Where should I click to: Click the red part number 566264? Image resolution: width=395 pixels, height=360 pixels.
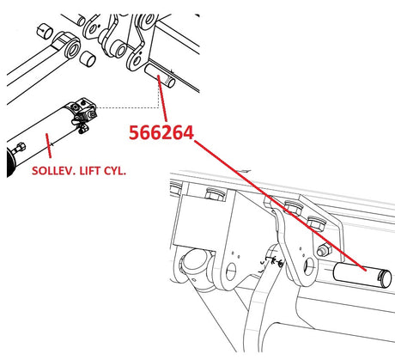click(161, 133)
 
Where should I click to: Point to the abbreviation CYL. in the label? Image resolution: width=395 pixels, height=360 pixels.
click(115, 171)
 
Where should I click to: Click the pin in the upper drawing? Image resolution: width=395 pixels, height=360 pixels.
click(160, 76)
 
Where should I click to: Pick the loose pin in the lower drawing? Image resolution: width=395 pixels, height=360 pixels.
click(362, 275)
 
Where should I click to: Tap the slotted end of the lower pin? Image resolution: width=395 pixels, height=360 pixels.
click(385, 278)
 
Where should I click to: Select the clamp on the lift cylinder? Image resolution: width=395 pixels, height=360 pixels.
click(82, 113)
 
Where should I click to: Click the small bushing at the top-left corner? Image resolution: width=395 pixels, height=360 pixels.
click(45, 31)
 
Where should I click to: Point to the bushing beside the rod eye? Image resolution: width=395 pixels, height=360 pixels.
click(88, 58)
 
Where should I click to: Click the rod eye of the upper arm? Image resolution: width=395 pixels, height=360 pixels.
click(68, 45)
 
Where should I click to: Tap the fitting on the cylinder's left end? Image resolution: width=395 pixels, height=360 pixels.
click(19, 149)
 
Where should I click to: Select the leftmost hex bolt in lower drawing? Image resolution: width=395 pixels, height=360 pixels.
click(175, 188)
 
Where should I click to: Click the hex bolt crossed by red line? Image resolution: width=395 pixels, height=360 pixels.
click(293, 207)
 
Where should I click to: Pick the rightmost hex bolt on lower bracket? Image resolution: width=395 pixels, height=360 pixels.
click(316, 223)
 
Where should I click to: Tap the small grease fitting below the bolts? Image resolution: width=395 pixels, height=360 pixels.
click(324, 250)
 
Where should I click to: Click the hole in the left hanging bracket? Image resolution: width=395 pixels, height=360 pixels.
click(231, 272)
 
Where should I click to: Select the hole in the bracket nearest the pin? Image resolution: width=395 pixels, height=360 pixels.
click(309, 266)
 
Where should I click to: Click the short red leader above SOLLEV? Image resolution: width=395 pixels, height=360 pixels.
click(48, 145)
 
